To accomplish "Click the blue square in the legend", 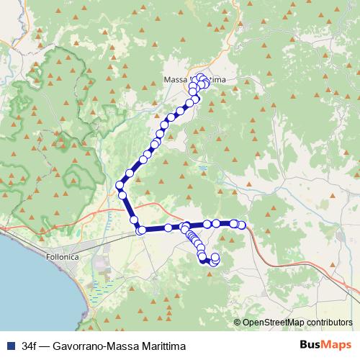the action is point(9,346).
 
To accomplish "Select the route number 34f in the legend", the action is point(30,346).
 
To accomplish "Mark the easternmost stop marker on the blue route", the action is point(242,225).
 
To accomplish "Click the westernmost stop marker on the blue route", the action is point(120,185).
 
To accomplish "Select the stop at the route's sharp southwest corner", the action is point(140,230).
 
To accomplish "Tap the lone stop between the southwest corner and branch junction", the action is point(168,228).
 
